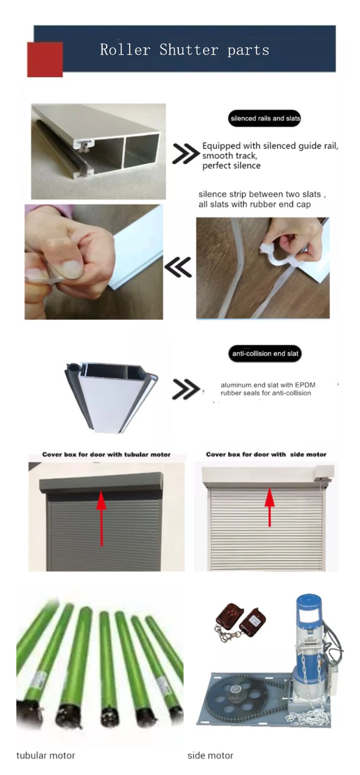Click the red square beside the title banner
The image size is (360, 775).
coord(45,59)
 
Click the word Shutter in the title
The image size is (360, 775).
coord(189,50)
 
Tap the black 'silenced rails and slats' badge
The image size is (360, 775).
coord(264,118)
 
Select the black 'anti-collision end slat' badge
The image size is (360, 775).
coord(265,353)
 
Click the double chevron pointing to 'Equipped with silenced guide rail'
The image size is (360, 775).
coord(186,153)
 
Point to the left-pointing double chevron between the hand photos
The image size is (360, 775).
coord(178,267)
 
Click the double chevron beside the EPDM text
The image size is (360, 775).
coord(186,389)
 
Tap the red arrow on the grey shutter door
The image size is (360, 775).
coord(101,518)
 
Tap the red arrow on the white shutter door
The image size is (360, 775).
coord(270,507)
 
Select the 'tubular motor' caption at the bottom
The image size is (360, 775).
coord(46,755)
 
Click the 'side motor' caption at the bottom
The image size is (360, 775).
coord(210,755)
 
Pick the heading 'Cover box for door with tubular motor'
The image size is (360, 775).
coord(106,454)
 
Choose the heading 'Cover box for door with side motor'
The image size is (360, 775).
coord(266,454)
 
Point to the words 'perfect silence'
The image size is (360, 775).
coord(231,166)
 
